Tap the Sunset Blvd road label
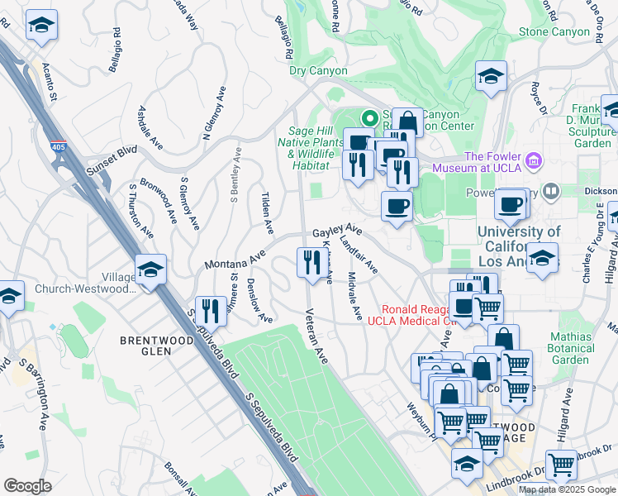112,162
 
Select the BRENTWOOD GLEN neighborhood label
145,345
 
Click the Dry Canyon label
318,71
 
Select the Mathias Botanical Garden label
583,348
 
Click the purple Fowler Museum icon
533,158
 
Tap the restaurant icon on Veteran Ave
309,264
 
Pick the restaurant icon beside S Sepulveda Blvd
210,311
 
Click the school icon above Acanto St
40,26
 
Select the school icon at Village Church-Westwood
151,269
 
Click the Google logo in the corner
28,486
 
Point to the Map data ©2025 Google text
567,489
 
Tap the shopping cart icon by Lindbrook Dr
561,465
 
